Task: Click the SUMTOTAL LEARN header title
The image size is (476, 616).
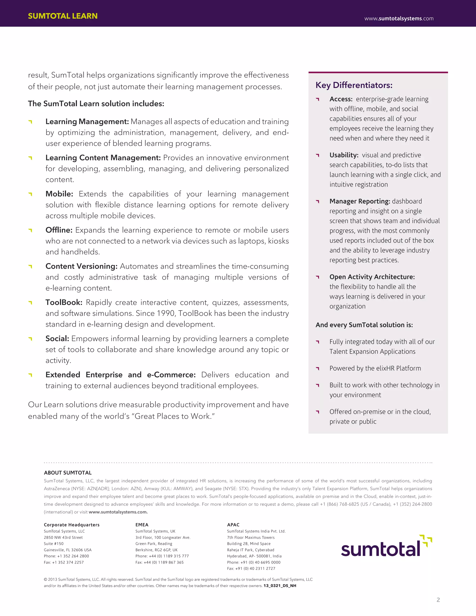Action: click(x=63, y=16)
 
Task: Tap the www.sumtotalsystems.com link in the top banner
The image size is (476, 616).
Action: click(x=399, y=19)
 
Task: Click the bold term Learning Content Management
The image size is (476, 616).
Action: click(x=103, y=158)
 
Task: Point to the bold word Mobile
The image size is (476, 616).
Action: click(x=59, y=194)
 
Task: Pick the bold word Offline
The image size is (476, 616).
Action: click(x=59, y=230)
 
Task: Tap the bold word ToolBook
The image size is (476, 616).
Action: click(x=64, y=302)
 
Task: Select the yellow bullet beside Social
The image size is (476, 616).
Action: click(x=30, y=339)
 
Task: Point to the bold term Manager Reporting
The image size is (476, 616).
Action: click(x=360, y=201)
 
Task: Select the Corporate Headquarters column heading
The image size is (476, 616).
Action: click(x=72, y=525)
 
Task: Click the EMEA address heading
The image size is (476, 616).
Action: click(x=142, y=525)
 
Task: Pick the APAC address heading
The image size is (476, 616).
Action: click(x=233, y=525)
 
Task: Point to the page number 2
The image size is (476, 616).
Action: click(x=438, y=600)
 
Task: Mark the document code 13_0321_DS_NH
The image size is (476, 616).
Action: click(x=280, y=586)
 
